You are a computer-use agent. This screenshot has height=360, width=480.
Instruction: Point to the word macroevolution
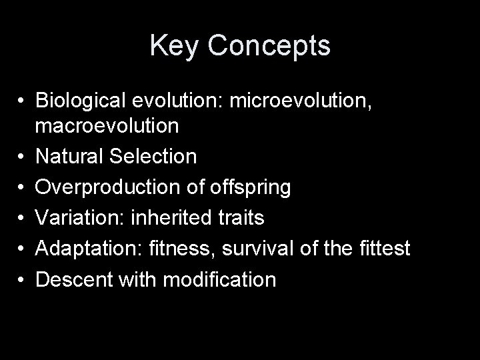107,125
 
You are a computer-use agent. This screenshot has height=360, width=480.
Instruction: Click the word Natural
71,157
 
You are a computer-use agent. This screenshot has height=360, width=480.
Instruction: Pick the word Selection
155,157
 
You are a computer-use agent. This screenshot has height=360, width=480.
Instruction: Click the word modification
219,279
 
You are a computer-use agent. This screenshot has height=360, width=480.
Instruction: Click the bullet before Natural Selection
23,157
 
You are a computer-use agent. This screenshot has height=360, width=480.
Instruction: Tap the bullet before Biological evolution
23,101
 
